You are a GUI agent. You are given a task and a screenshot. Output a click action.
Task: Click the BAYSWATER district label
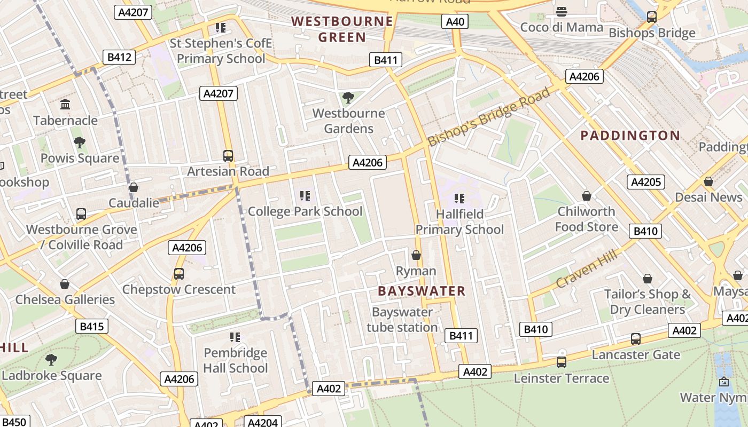tap(422, 291)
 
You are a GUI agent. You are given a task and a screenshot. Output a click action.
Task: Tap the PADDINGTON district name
tap(630, 136)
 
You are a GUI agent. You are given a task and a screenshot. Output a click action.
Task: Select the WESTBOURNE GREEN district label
tap(342, 29)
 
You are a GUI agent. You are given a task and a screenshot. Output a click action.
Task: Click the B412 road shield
tap(119, 57)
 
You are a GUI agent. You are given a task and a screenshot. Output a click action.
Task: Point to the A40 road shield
tap(455, 21)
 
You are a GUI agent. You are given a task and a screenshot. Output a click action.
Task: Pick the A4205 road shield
tap(646, 182)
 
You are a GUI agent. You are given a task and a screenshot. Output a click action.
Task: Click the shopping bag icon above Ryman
tap(416, 255)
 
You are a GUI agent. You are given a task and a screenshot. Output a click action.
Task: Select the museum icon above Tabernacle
tap(65, 104)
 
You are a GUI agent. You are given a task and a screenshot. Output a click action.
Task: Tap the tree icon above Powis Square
tap(80, 143)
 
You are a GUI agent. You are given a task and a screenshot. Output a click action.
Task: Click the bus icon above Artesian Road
tap(228, 156)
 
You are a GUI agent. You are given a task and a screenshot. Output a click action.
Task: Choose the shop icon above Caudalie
tap(134, 187)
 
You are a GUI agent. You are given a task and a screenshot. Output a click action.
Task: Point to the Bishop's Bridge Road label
tap(488, 117)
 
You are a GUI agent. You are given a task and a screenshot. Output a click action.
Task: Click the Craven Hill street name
tap(586, 268)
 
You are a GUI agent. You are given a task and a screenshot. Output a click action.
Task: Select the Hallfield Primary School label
tap(459, 222)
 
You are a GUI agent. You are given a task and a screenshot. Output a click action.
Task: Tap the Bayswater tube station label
tap(402, 320)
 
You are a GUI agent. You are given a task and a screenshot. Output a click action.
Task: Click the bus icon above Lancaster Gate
tap(635, 338)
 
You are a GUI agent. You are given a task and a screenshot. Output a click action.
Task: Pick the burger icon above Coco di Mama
tap(561, 12)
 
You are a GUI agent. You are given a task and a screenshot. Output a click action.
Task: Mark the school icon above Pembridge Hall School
tap(235, 337)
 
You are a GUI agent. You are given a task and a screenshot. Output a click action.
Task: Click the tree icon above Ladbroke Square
tap(51, 360)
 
